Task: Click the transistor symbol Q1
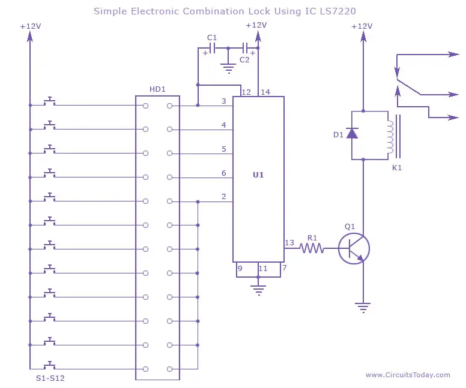point(354,248)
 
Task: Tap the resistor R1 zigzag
point(312,248)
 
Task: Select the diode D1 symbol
point(352,133)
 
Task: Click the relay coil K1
point(390,137)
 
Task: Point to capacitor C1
point(212,48)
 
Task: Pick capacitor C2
point(245,48)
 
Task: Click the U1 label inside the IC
point(258,175)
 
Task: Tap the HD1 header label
point(157,89)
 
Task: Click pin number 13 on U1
point(289,243)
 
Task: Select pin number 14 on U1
point(265,92)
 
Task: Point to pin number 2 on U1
point(224,196)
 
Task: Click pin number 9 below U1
point(240,269)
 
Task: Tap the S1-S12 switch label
point(50,378)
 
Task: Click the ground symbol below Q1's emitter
point(363,308)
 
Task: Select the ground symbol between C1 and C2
point(228,68)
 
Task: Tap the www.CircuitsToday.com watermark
point(408,375)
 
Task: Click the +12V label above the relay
point(362,26)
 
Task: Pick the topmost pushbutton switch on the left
point(50,101)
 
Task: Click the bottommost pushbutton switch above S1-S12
point(50,365)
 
